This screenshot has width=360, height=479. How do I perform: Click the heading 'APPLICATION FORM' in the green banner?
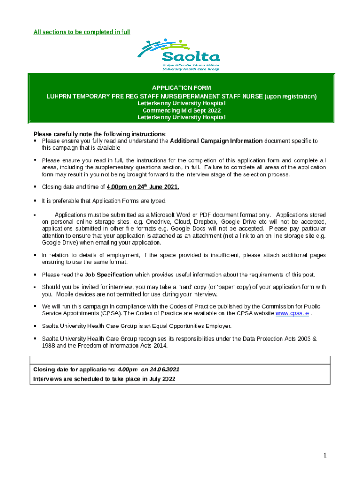pyautogui.click(x=181, y=88)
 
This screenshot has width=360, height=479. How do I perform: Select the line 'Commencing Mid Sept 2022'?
pyautogui.click(x=181, y=110)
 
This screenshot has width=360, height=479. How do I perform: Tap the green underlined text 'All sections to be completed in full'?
pyautogui.click(x=82, y=32)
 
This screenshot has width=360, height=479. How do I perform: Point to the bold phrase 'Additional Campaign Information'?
pyautogui.click(x=216, y=141)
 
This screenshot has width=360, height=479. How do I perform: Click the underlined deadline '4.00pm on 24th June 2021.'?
pyautogui.click(x=143, y=187)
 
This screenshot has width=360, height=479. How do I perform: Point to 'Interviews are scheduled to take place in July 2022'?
pyautogui.click(x=104, y=379)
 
